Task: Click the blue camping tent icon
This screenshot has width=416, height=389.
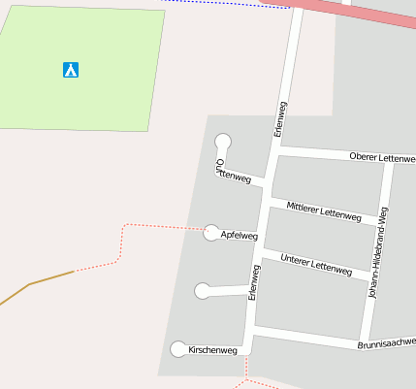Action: pos(70,70)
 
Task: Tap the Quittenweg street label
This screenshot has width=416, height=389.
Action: pos(233,171)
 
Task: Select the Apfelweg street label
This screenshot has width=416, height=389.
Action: pos(240,236)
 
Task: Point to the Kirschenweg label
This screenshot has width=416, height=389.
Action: pos(212,350)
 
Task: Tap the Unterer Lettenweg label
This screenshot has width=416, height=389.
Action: pos(315,264)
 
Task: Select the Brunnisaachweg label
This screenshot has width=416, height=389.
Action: pos(386,343)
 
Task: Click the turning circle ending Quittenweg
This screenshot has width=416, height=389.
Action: pos(223,143)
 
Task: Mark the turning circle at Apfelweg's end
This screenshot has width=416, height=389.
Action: pos(211,232)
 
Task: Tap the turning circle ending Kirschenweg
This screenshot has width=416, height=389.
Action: pos(178,349)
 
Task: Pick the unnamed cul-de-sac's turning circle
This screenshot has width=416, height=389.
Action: pos(203,290)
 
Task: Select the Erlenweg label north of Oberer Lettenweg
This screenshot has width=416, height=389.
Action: pos(281,118)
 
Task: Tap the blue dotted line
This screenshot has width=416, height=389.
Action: pos(223,4)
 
